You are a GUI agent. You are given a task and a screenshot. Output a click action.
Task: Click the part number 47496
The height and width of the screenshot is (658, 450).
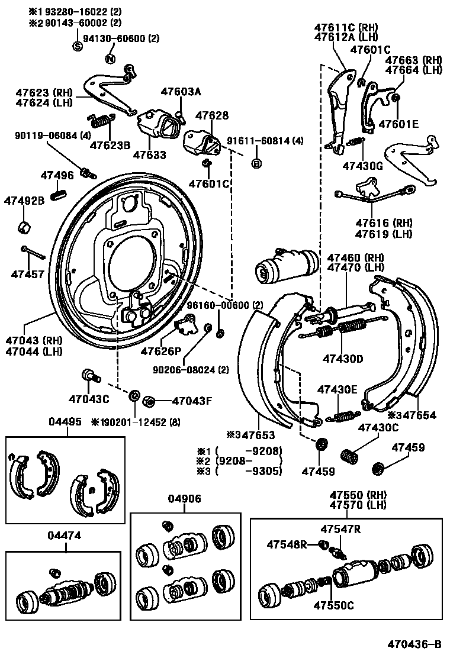(57, 175)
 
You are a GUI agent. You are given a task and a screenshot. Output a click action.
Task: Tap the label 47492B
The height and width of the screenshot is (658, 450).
(24, 201)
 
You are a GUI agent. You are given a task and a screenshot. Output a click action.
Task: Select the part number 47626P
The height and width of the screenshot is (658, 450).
(160, 351)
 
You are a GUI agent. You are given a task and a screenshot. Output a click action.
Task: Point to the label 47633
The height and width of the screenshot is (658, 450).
(149, 155)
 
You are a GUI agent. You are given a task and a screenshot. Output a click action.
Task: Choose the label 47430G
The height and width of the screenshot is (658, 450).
(362, 166)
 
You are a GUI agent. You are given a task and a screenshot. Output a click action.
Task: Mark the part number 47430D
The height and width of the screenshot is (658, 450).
(343, 359)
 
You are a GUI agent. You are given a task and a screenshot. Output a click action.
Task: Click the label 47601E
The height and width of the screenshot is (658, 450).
(398, 124)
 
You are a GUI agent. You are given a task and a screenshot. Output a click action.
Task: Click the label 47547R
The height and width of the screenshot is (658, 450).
(340, 529)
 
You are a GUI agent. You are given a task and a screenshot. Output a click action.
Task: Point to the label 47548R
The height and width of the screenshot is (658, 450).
(287, 544)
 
